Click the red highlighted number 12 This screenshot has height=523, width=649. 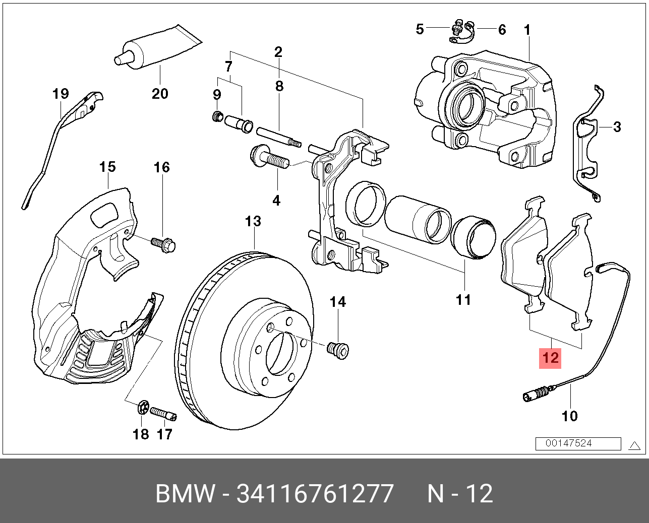pos(550,358)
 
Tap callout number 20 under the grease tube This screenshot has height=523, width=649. pos(160,93)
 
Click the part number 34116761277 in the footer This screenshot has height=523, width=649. pos(315,494)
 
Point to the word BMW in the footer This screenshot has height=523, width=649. pos(185,494)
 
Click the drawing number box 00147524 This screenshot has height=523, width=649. pos(578,443)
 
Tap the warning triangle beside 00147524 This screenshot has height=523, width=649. pos(634,444)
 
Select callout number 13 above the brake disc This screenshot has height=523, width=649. pos(253,221)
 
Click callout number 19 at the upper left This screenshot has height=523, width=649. pos(61,94)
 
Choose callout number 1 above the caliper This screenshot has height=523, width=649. pos(527,30)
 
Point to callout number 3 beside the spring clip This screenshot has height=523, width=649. pos(617,127)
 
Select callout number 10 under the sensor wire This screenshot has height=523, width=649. pos(569,416)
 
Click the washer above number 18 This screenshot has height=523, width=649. pos(142,407)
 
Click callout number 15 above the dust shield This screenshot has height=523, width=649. pos(107,167)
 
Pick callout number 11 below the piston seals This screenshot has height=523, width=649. pos(463,300)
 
